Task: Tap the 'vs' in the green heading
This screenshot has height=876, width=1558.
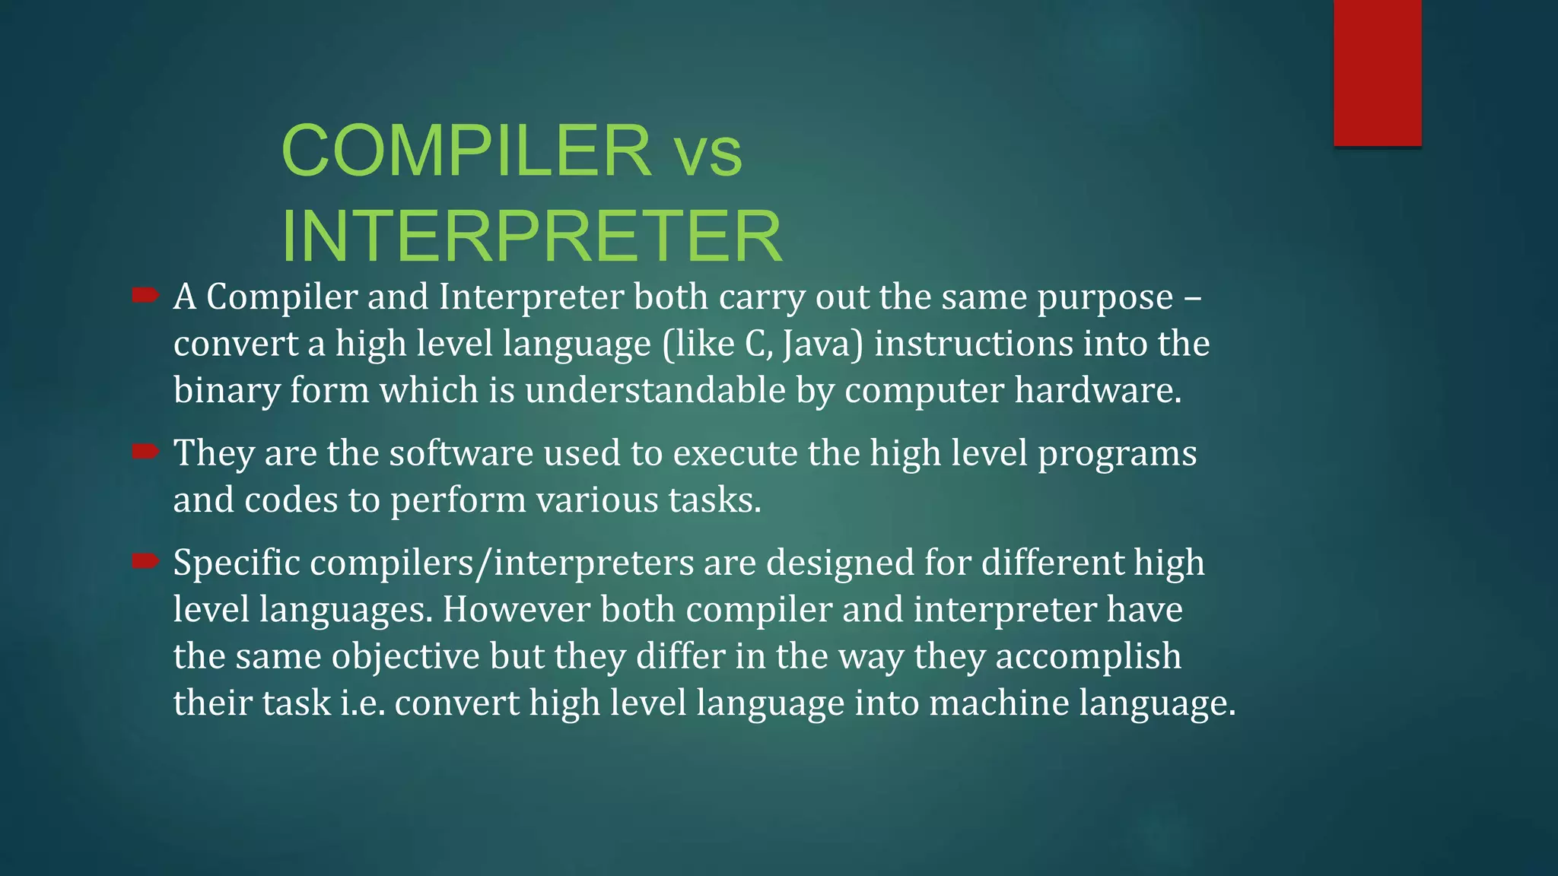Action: tap(707, 154)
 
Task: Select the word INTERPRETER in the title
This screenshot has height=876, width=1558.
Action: tap(531, 236)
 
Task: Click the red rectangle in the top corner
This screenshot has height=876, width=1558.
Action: tap(1377, 72)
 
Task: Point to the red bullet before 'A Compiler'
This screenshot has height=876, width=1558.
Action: tap(145, 295)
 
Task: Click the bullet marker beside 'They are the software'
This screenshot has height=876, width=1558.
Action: tap(145, 452)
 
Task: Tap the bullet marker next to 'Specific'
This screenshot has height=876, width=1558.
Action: tap(145, 561)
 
